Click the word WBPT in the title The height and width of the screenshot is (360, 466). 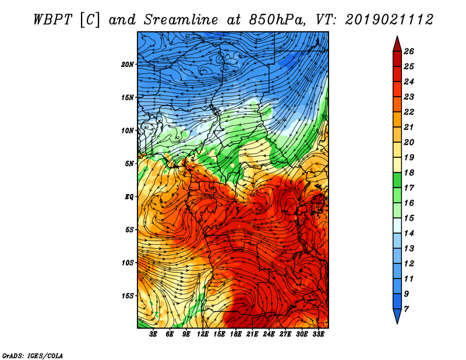(x=52, y=20)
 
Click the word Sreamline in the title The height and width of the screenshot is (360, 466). (x=181, y=20)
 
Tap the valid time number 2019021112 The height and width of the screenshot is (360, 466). (x=389, y=20)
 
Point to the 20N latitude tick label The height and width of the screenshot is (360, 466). (x=127, y=64)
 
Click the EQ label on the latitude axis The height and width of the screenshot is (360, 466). (x=129, y=197)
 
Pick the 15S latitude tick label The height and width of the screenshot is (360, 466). (x=128, y=296)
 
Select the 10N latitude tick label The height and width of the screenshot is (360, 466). (x=127, y=130)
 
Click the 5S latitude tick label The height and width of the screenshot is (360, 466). (x=129, y=230)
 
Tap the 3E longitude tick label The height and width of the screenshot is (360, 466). (x=153, y=334)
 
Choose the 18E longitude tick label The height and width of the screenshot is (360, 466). (x=235, y=334)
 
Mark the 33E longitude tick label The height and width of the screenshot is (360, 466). (x=318, y=334)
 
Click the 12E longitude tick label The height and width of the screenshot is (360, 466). (x=202, y=334)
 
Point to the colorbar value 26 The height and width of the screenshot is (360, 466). (x=409, y=51)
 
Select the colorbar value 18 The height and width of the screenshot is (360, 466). (x=409, y=172)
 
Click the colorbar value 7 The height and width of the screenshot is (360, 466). (x=406, y=309)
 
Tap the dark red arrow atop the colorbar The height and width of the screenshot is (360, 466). (x=397, y=45)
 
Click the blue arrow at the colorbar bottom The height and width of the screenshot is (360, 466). (x=397, y=315)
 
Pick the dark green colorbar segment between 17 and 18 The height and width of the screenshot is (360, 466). (x=397, y=181)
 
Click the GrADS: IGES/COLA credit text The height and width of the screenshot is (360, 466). (x=33, y=356)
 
